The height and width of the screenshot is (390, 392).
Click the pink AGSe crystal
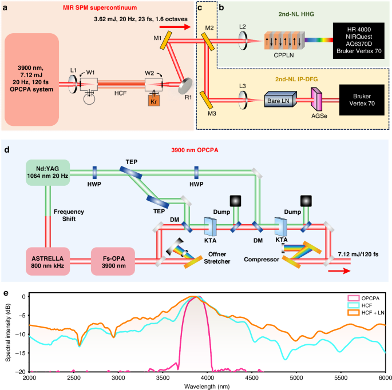click(315, 101)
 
